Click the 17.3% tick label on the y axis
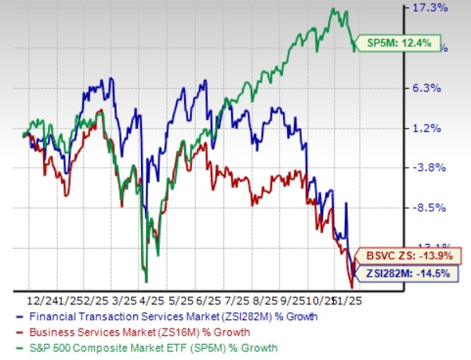coord(431,9)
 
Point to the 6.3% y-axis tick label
coord(431,88)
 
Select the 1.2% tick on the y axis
coord(431,128)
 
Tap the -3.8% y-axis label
coord(430,168)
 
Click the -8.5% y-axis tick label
coord(430,208)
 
